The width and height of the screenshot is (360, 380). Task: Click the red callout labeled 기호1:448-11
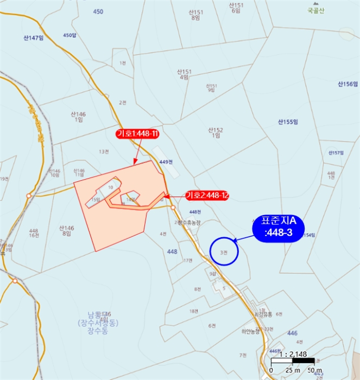click(x=137, y=134)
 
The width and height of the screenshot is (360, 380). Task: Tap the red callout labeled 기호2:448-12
click(x=207, y=195)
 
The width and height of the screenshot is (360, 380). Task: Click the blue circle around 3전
click(x=224, y=252)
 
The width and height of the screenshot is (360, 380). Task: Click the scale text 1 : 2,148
click(x=293, y=354)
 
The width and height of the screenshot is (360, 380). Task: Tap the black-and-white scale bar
click(x=292, y=361)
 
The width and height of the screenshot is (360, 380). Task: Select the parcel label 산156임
click(x=348, y=84)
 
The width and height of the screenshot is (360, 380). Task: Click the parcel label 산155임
click(x=288, y=122)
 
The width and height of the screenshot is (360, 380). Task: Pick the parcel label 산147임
click(x=34, y=39)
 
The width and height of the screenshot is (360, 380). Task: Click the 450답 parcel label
click(x=70, y=35)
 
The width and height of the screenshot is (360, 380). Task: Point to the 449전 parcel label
click(x=166, y=162)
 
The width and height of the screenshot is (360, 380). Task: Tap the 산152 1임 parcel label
click(x=216, y=133)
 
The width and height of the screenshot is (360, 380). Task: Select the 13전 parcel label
click(x=104, y=151)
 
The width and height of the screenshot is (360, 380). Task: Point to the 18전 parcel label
click(x=193, y=311)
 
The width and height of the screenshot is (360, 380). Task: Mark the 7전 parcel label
click(x=243, y=355)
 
